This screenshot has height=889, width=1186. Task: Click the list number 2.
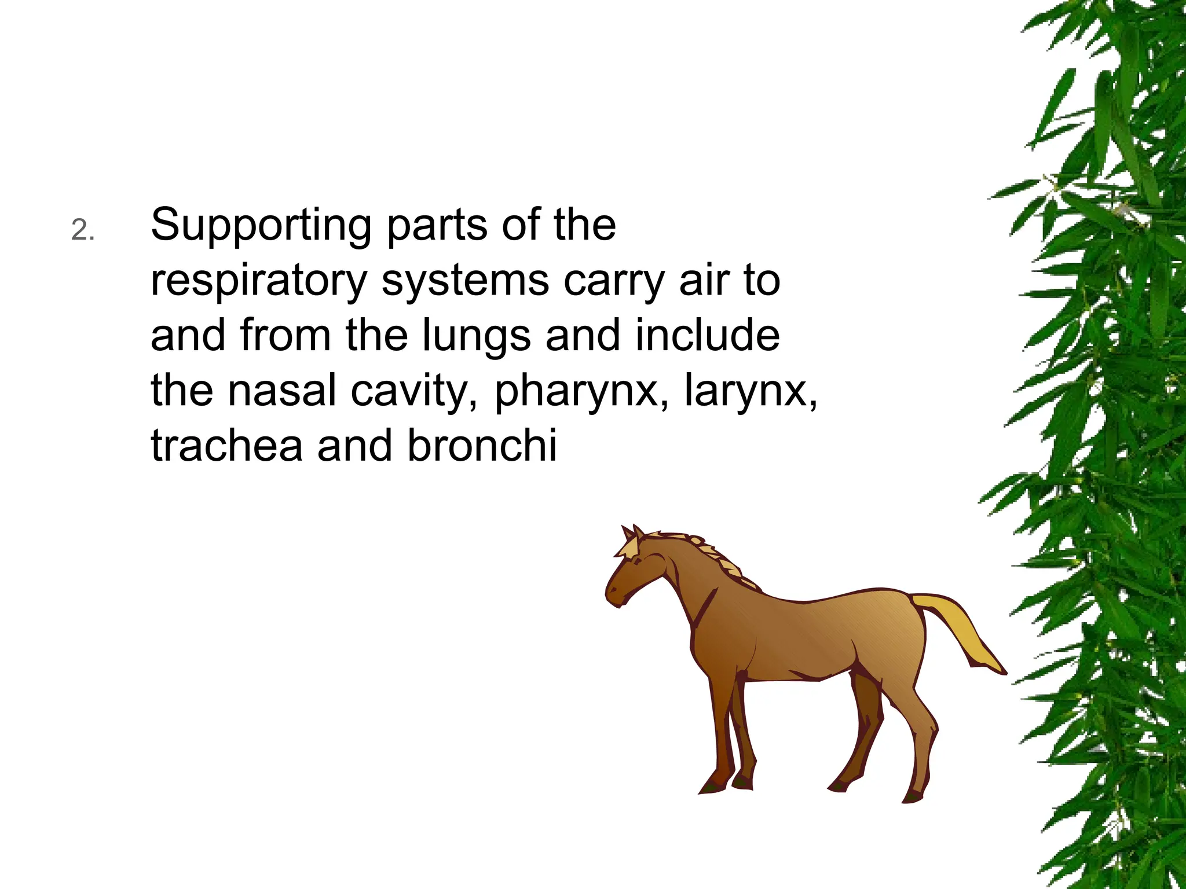(82, 231)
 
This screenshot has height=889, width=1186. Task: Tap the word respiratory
(259, 281)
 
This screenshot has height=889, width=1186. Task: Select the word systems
(465, 281)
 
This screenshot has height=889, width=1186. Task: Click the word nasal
(282, 391)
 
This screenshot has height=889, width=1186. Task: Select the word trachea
(226, 446)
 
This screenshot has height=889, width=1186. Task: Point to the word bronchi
(482, 446)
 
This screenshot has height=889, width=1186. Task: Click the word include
(707, 336)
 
